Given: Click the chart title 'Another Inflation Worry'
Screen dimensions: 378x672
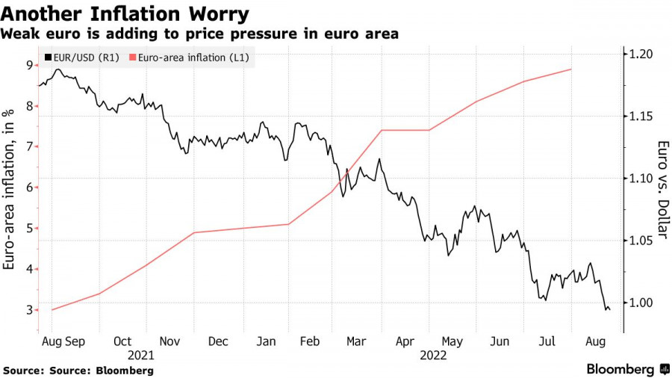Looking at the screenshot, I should (125, 13).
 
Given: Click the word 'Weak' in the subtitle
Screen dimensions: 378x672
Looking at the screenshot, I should (19, 34).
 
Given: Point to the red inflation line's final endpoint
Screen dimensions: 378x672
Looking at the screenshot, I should (571, 69).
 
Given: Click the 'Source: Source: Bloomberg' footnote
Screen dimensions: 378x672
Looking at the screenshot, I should (78, 370).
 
